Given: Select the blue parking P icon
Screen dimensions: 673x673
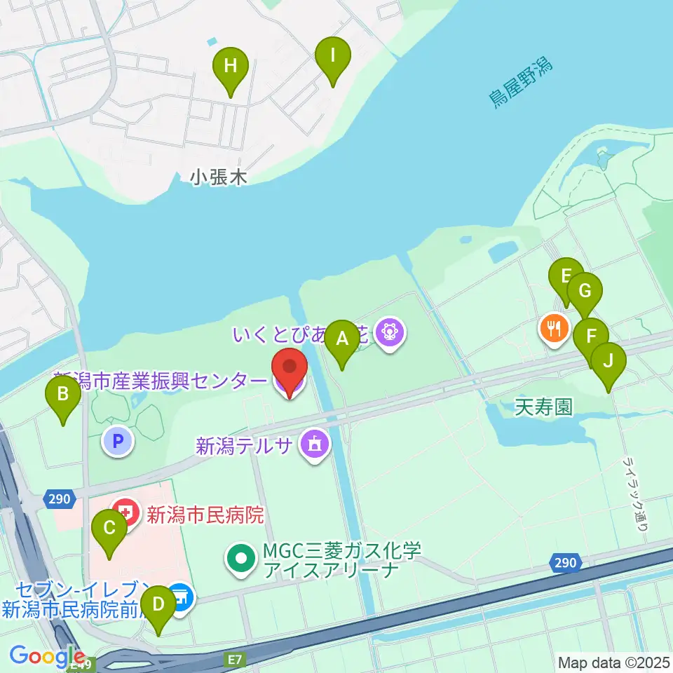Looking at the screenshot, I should click(118, 442).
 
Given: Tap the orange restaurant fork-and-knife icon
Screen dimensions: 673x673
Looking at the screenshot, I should click(555, 327).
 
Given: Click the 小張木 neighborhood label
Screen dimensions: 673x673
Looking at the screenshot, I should click(219, 178).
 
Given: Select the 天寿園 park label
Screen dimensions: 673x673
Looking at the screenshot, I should click(543, 406).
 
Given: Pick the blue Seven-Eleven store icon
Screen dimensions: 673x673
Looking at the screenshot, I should click(182, 598).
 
